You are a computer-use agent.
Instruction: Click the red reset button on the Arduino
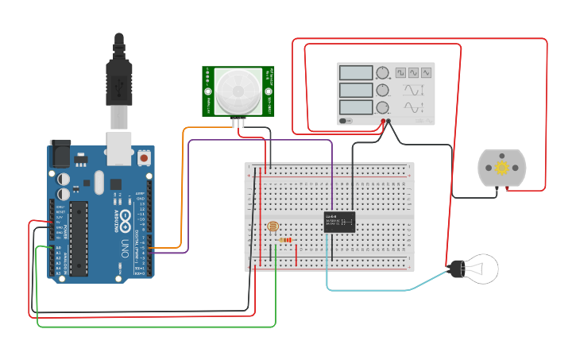click(144, 158)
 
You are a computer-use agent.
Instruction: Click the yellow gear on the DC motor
click(501, 168)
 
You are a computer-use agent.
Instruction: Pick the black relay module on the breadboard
click(339, 221)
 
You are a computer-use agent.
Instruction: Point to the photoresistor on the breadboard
click(274, 230)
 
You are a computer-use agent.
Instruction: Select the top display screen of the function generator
click(356, 72)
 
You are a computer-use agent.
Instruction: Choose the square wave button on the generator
click(401, 72)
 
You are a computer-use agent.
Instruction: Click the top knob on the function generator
click(383, 72)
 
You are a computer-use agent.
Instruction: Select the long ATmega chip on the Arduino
click(79, 238)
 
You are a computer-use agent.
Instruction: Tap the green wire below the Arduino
click(159, 327)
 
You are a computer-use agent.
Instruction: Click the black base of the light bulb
click(457, 269)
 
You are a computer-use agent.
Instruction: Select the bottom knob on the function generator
click(383, 107)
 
